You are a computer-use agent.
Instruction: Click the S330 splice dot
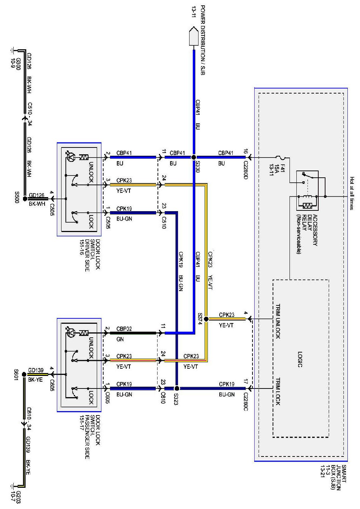click(193, 157)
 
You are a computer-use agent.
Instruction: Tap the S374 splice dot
click(206, 319)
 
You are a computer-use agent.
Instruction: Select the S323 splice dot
click(177, 388)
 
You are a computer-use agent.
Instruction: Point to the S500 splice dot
click(25, 198)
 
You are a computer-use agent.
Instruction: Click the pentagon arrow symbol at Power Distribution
click(193, 36)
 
